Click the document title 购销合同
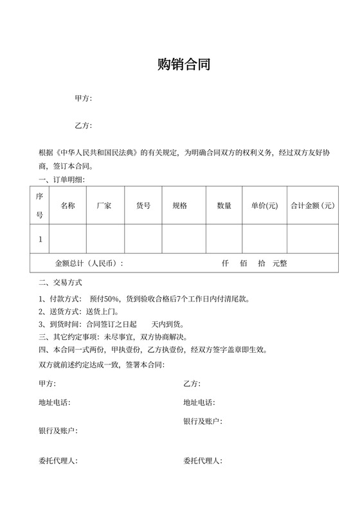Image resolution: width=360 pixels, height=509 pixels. (x=184, y=64)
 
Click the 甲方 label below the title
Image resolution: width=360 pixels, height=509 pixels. (x=83, y=98)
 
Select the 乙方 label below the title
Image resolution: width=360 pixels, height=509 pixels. (x=83, y=125)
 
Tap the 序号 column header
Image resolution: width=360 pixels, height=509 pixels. (x=39, y=206)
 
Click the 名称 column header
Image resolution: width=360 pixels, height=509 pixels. (x=67, y=206)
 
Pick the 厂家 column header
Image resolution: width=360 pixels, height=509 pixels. (x=104, y=206)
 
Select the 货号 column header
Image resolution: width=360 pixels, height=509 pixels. (x=143, y=206)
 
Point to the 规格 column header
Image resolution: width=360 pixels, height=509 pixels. (x=180, y=206)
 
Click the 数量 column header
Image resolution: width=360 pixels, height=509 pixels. (x=224, y=206)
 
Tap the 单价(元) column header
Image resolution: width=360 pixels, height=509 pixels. (x=264, y=206)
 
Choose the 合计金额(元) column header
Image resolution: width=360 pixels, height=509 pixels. (x=312, y=206)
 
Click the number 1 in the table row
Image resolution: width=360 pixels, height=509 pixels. (x=40, y=239)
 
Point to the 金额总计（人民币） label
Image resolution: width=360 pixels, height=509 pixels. (x=89, y=263)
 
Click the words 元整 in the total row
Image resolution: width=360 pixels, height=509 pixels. (x=280, y=263)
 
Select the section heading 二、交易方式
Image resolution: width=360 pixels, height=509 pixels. (x=60, y=282)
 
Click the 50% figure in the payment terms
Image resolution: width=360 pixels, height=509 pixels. (x=113, y=299)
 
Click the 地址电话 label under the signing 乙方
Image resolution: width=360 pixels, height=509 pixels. (x=199, y=402)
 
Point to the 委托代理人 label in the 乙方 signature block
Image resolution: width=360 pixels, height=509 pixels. (x=203, y=461)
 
